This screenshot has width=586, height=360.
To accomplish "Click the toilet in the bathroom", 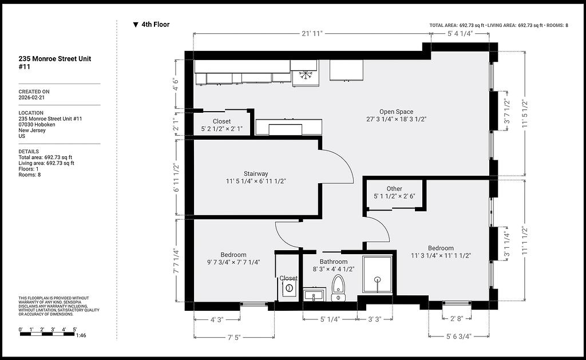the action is click(338, 288).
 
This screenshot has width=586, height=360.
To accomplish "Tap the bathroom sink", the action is click(314, 295).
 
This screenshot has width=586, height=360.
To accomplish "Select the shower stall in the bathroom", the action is click(378, 275).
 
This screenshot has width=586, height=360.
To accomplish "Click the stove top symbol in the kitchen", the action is click(306, 74).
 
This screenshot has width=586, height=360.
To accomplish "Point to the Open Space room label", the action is click(396, 112).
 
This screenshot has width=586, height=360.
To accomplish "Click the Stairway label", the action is click(256, 173).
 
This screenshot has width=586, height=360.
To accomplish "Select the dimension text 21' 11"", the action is click(312, 33).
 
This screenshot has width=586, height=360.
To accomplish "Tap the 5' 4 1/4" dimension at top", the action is click(460, 33).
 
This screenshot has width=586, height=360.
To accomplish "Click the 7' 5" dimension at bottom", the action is click(233, 337).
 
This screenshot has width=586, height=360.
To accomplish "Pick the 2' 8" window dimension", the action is click(456, 318).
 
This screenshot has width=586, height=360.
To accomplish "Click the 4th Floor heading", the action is click(156, 25).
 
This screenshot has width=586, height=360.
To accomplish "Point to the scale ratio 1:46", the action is click(81, 335).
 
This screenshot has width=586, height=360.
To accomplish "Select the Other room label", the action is click(394, 189).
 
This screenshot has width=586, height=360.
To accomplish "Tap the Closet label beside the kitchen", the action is click(221, 121).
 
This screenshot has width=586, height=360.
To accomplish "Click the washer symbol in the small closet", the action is click(289, 288).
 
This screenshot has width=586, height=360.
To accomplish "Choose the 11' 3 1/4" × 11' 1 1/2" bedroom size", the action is click(441, 256).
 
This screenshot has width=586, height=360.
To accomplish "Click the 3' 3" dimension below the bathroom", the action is click(374, 319).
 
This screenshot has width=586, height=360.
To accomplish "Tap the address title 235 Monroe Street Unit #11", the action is click(55, 63).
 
